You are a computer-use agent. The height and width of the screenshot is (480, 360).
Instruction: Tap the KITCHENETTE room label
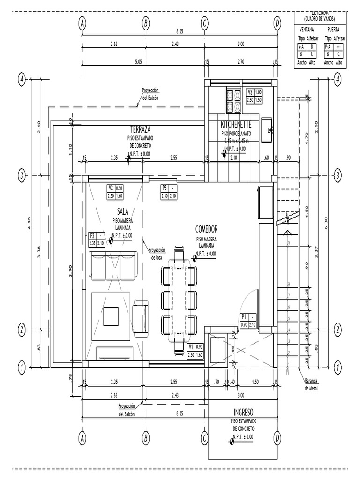click(236, 125)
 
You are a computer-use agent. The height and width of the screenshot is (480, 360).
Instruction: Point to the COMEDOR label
click(206, 229)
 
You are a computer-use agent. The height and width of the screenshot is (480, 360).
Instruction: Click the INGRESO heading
click(243, 412)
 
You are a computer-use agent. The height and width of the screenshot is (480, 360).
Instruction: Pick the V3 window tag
click(250, 92)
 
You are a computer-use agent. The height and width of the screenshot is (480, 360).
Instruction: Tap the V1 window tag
click(191, 347)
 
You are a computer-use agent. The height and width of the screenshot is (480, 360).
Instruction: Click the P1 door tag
click(243, 316)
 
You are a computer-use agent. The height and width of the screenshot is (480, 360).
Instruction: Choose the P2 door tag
click(92, 236)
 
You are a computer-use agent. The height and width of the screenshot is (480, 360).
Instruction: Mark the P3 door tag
click(165, 188)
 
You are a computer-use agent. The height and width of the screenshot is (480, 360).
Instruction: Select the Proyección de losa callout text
click(157, 254)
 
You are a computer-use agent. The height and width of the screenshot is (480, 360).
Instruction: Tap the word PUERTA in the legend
click(334, 29)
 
